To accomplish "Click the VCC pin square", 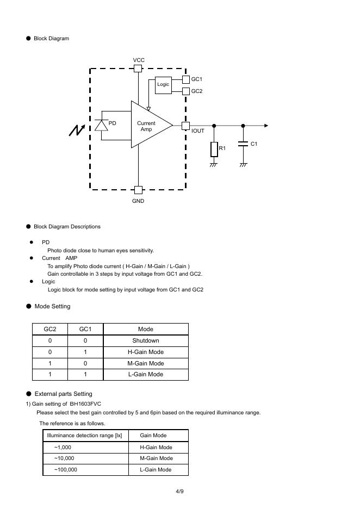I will click(x=138, y=69).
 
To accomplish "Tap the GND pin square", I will click(x=138, y=190).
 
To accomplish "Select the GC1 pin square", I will click(x=186, y=79).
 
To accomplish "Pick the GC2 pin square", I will click(x=186, y=91).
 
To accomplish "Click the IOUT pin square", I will click(x=185, y=126).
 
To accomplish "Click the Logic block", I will click(x=163, y=85).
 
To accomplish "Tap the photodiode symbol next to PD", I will click(x=101, y=125).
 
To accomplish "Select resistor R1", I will click(x=214, y=149).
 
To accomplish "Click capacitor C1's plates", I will click(x=243, y=144).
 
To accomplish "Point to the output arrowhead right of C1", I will click(x=266, y=126).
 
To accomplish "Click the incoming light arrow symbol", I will click(x=77, y=131).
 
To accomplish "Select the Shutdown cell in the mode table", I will click(x=145, y=340).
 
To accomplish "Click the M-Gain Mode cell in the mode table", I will click(x=145, y=363).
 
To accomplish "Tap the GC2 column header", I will click(x=50, y=329).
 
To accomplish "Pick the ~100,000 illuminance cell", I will click(x=65, y=469).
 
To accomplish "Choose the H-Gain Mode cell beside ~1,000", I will click(x=156, y=447).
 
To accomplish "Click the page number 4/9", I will click(x=179, y=492).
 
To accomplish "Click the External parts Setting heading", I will click(x=63, y=394).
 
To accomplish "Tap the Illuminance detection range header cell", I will click(x=85, y=435).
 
